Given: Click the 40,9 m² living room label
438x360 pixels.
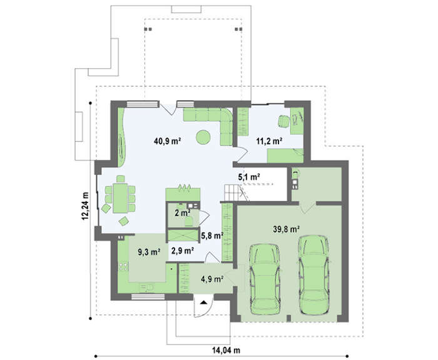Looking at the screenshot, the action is (167, 141).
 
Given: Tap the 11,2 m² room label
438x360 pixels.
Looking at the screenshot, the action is (268, 141).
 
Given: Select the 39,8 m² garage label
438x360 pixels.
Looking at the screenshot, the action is (287, 229).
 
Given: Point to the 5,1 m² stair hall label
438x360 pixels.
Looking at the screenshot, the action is (249, 177).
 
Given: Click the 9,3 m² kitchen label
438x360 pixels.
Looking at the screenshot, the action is (149, 252).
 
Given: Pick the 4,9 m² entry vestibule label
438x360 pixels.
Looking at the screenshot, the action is (212, 279).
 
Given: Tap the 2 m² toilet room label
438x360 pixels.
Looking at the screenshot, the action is (183, 213).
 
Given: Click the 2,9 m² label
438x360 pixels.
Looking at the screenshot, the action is (183, 251).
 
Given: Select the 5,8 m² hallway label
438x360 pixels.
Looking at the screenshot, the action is (212, 236).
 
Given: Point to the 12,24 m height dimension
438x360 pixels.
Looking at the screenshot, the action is (85, 206).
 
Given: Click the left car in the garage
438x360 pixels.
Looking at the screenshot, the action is (265, 279).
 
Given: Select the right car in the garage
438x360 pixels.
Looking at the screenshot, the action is (313, 275).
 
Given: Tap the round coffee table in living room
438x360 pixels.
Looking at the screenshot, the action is (203, 137).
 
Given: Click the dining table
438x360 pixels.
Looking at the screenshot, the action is (120, 198).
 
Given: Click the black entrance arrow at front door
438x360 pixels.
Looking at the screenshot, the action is (203, 302).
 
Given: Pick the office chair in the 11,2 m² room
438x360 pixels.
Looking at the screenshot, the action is (284, 122).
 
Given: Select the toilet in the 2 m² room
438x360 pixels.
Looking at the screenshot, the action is (189, 221).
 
